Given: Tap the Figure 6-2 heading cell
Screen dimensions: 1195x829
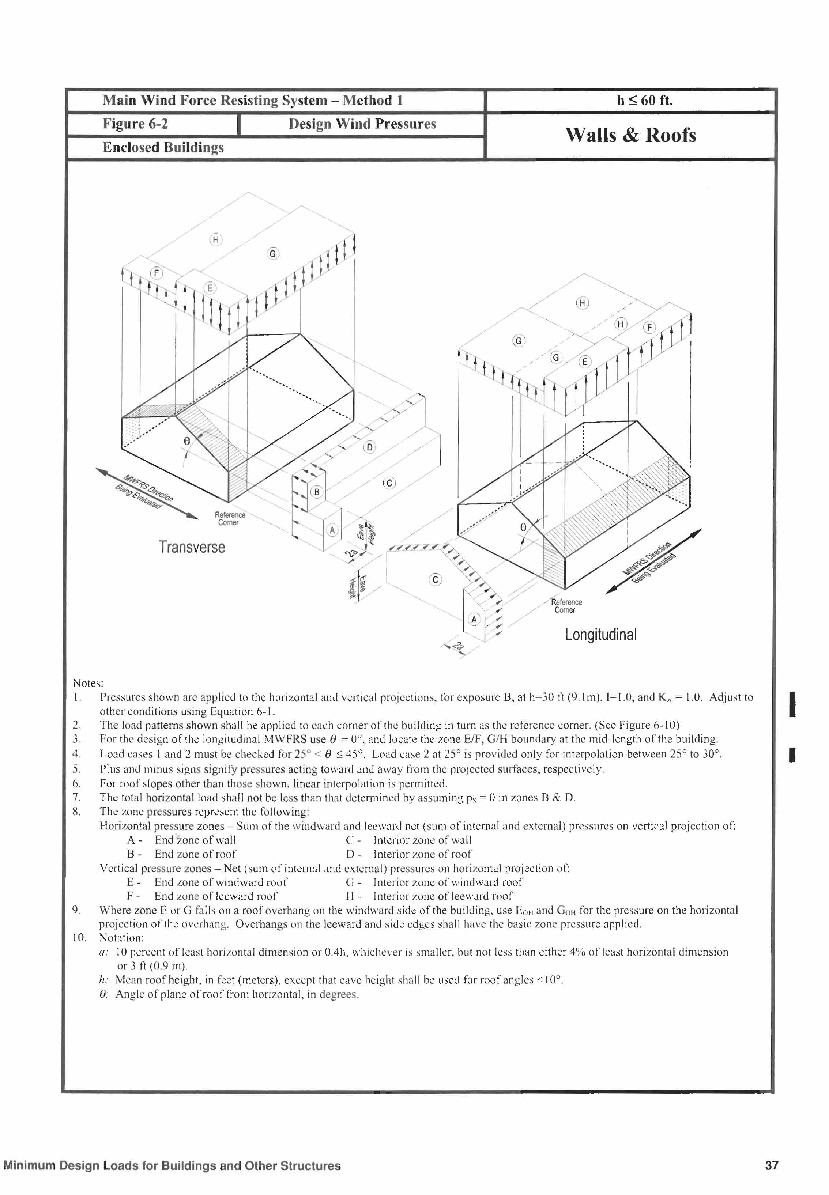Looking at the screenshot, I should pos(135,124).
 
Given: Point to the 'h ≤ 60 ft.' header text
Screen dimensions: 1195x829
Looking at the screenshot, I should pos(645,100).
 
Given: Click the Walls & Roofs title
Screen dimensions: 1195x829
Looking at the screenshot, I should pos(630,135).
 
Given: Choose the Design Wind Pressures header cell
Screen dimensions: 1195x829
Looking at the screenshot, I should pos(362,124).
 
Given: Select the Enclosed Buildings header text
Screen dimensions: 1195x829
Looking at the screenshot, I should pos(163,147).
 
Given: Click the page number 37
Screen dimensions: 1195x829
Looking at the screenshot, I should pos(771,1165).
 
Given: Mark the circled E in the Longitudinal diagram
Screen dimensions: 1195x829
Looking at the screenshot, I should pos(585,361).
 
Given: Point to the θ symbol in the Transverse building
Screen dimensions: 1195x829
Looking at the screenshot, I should pos(187,441).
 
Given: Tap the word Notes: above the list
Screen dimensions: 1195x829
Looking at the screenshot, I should pos(88,683).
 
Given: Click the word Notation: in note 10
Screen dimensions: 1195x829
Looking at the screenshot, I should pos(121,938).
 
